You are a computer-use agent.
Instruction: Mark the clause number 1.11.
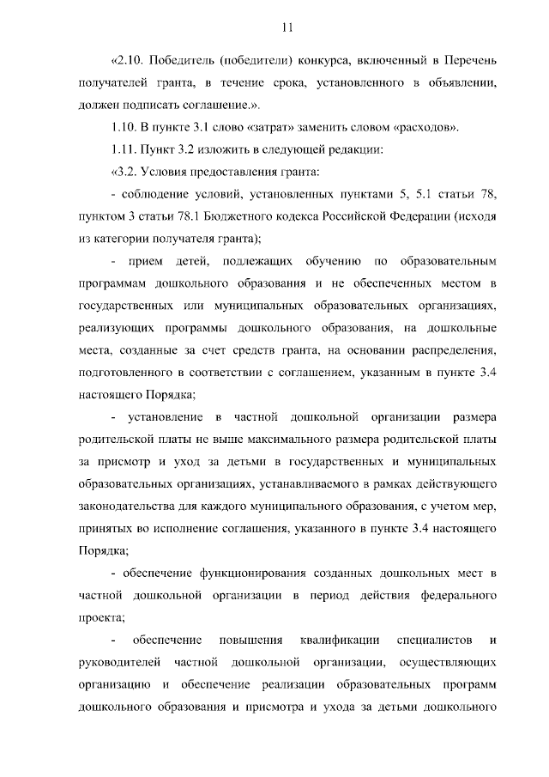point(125,150)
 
